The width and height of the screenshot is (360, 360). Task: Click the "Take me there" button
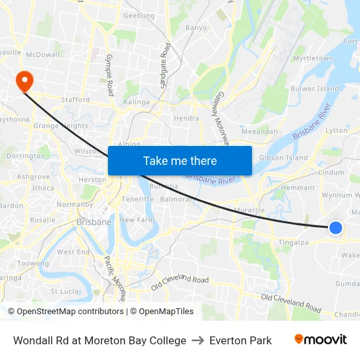[180, 160]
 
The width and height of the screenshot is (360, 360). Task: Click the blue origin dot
[335, 227]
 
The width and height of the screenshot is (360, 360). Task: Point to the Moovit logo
[320, 340]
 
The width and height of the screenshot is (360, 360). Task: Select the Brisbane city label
[94, 222]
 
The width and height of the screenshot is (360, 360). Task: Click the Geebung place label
[139, 16]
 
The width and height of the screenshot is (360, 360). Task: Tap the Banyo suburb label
[196, 28]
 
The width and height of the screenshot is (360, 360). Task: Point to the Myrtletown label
[313, 58]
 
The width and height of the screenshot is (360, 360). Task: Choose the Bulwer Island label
[315, 88]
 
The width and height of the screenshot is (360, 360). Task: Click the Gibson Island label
[283, 158]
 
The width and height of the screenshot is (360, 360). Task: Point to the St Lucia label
[65, 291]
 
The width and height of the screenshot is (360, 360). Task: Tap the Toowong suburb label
[33, 263]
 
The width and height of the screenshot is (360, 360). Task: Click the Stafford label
[75, 100]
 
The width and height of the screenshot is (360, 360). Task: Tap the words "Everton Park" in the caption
[240, 340]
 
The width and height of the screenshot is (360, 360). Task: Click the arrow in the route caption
[198, 340]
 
